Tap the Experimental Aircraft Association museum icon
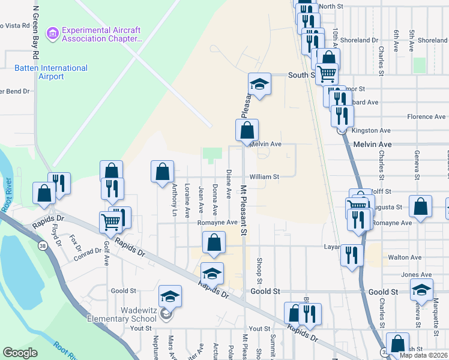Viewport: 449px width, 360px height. click(x=53, y=32)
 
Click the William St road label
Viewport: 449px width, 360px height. click(x=265, y=177)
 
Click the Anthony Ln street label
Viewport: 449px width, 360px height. click(x=175, y=200)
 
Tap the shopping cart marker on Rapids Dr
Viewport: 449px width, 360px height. click(x=112, y=221)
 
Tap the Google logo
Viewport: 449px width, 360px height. click(x=20, y=353)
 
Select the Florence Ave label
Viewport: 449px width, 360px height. click(x=427, y=116)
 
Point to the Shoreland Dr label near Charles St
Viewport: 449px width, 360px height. click(x=360, y=40)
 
